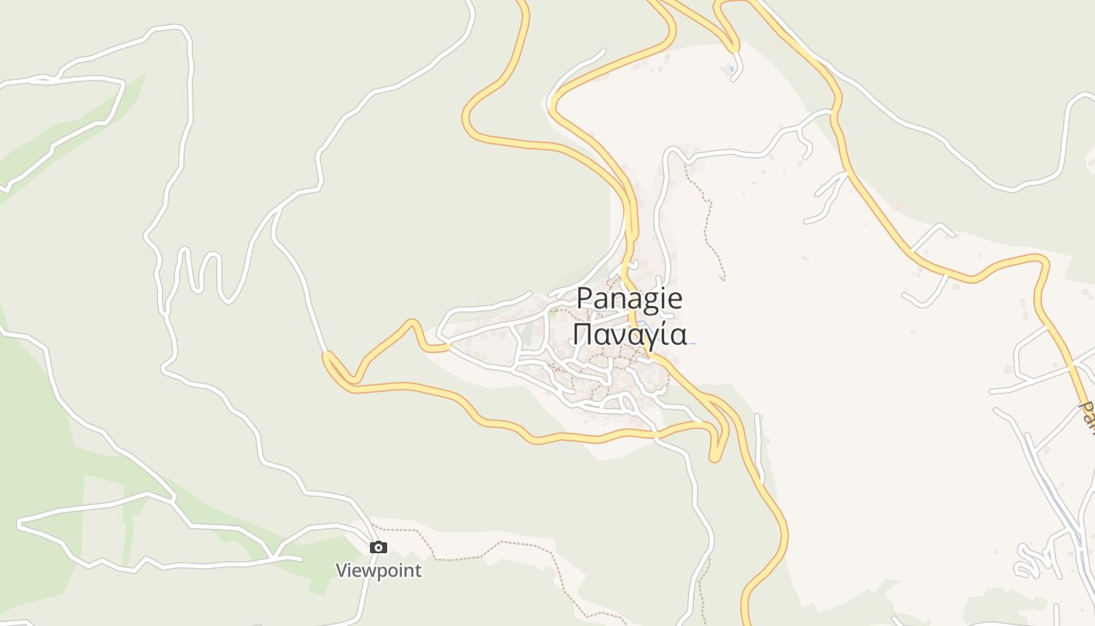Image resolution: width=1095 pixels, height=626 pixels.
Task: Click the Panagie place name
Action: click(x=630, y=299)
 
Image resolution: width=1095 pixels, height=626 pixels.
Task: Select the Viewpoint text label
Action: click(x=379, y=570)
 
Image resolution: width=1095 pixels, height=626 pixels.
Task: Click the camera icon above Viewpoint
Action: click(x=379, y=548)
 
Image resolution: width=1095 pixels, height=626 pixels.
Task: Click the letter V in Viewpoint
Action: click(x=342, y=570)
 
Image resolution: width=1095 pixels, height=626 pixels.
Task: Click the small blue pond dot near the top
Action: click(x=731, y=69)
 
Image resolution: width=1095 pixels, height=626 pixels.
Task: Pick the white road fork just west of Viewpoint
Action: click(x=274, y=556)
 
